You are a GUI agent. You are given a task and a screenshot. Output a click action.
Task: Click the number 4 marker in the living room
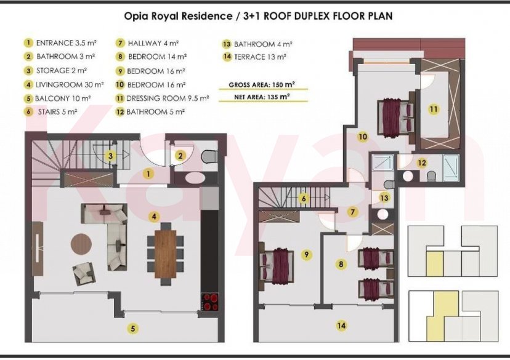154,217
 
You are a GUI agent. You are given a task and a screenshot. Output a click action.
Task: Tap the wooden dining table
165,254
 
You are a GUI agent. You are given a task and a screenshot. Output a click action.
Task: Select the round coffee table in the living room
81,243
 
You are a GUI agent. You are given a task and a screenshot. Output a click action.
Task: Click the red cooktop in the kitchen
210,302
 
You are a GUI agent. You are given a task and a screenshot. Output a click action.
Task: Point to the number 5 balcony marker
132,329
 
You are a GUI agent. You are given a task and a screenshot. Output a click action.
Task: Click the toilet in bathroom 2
209,156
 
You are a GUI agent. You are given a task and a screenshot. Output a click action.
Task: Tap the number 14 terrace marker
341,326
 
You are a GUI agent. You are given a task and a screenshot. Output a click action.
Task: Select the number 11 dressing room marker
434,109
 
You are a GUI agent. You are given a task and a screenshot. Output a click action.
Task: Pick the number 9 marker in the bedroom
306,254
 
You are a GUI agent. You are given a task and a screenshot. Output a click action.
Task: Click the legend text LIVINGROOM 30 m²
69,85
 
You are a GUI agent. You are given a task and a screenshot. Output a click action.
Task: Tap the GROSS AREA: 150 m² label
262,85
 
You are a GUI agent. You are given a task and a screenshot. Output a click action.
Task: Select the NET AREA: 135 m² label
262,97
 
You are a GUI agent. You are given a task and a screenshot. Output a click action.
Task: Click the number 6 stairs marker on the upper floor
304,198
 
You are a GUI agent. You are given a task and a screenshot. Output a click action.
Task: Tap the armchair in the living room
84,274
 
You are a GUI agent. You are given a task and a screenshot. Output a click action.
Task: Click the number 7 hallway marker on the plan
352,212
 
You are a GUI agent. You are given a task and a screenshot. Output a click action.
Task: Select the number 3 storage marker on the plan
111,156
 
